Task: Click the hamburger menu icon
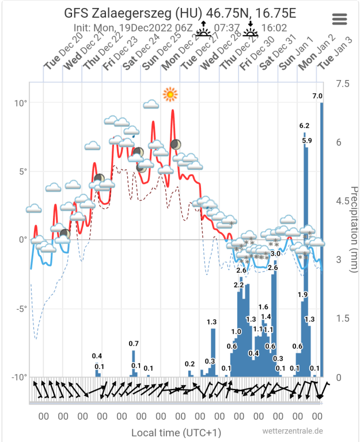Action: coord(340,18)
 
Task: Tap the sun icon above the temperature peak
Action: coord(170,94)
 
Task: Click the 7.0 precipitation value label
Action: coord(317,96)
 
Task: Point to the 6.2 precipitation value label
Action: coord(305,125)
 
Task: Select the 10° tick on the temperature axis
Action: coord(21,103)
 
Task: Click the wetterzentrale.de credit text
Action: coord(292,431)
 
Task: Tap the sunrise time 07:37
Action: coord(227,27)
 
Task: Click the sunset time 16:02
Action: coord(275,27)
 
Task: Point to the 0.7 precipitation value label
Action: coord(134,344)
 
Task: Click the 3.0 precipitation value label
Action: coord(275,254)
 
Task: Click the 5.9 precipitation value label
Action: coord(306,140)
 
